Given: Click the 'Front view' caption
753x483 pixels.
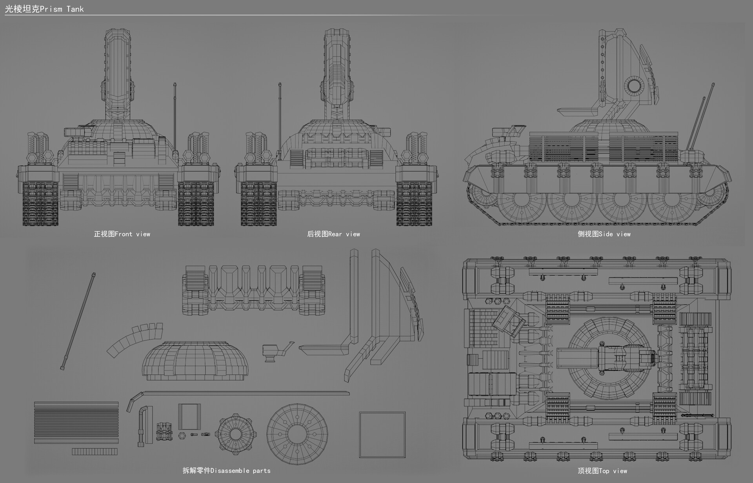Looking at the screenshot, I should pos(122,234).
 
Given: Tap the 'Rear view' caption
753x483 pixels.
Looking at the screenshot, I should pos(333,234).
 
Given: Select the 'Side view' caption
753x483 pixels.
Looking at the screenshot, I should pos(604,234).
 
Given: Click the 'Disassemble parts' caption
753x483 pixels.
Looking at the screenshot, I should pos(227,470).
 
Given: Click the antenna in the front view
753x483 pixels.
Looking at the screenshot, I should pos(175,118).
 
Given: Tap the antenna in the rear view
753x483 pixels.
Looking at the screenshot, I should pos(280,118).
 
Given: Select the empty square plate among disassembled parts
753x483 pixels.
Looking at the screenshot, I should pos(382,434).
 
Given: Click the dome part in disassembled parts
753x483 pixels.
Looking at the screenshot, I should pos(195,361).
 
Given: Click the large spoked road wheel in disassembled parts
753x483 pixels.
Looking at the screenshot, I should pos(297,434).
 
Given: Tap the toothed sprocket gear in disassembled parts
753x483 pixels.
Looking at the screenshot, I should pos(235,434).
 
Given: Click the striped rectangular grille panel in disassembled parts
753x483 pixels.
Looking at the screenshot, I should pos(76,422).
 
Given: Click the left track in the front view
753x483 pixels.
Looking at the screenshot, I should pos(40,204).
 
